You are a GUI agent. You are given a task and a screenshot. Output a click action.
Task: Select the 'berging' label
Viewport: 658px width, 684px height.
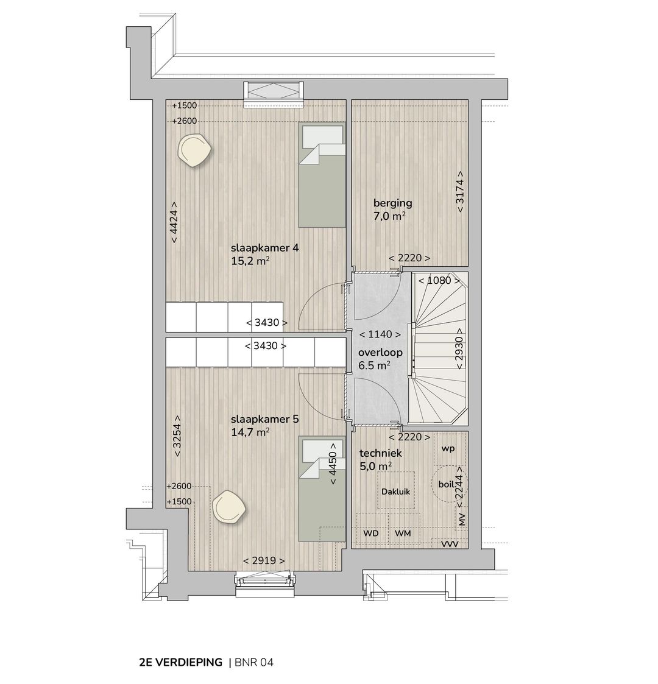393,203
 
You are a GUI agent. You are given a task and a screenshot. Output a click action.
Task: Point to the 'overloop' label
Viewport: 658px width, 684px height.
380,353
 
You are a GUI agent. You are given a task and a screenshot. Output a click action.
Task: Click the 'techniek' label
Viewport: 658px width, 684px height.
380,453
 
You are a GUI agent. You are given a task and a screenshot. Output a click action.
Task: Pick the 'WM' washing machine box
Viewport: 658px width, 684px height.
403,534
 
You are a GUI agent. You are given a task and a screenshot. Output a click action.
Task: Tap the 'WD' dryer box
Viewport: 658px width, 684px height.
371,534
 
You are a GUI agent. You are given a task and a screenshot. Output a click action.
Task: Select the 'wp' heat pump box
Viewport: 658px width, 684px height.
449,449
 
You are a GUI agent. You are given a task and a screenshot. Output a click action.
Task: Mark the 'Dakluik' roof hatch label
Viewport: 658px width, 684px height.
396,492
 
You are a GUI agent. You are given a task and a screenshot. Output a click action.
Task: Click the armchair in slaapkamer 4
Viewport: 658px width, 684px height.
195,150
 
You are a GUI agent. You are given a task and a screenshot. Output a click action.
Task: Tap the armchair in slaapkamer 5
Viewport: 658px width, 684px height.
228,507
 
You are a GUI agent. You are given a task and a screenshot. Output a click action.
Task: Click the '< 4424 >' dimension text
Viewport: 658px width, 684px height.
174,222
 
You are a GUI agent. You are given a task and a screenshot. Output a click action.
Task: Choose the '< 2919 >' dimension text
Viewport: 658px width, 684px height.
264,560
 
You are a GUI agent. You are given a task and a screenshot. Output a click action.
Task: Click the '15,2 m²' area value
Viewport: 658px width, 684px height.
250,261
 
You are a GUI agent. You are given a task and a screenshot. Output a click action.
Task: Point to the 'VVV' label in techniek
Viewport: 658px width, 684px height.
450,544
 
